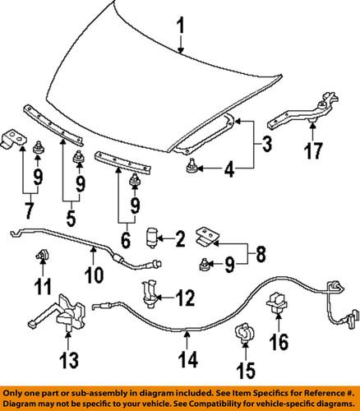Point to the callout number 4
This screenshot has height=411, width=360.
pos(228,170)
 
